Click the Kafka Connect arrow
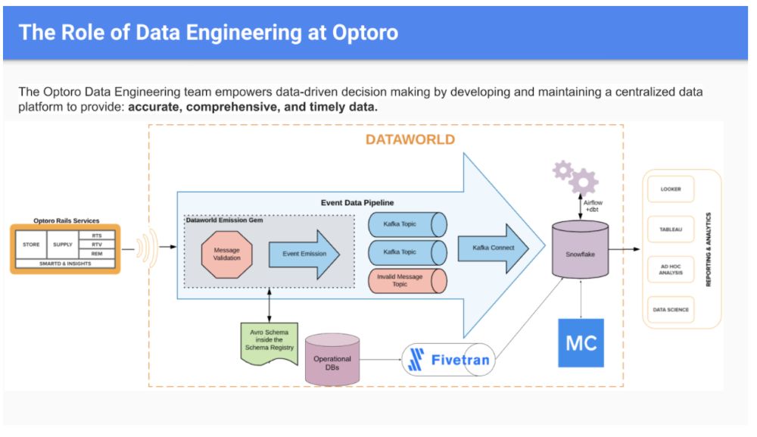pos(492,248)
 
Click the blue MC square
pos(581,343)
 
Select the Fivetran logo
pos(447,361)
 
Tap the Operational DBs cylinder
pos(332,360)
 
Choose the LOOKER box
pos(670,189)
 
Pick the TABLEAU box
pos(670,229)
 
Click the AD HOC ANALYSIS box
pos(670,270)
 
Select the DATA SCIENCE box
pos(670,310)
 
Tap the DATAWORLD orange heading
pos(410,139)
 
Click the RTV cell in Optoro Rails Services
pos(97,245)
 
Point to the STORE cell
pos(31,245)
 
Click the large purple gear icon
pos(583,182)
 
